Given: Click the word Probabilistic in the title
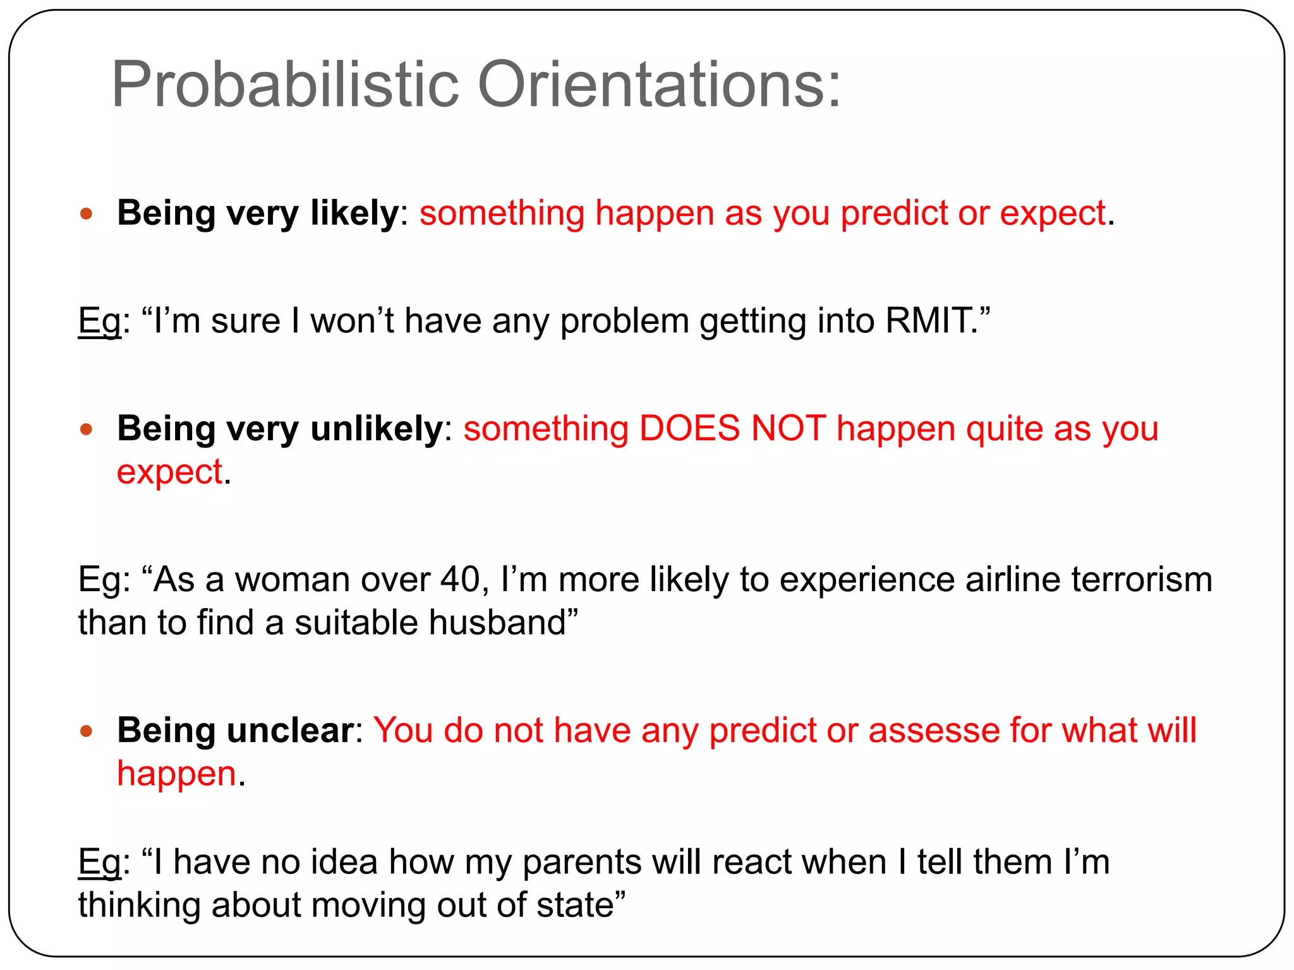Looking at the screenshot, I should [x=284, y=85].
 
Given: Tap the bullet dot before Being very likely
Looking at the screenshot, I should [x=87, y=213].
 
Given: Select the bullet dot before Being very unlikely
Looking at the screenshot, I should [x=87, y=430].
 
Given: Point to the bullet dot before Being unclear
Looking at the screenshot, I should [x=87, y=731].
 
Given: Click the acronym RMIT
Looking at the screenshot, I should [x=928, y=320].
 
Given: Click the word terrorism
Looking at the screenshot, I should [x=1142, y=579].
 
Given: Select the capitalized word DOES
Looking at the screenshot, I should [x=689, y=429].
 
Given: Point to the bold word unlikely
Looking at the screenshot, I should [x=377, y=429].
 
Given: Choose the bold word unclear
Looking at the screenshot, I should [x=290, y=731].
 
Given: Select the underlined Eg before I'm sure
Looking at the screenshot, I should [x=99, y=321].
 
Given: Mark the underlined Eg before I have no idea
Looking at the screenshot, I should [x=99, y=863].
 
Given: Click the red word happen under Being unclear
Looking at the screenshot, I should [x=176, y=774].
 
